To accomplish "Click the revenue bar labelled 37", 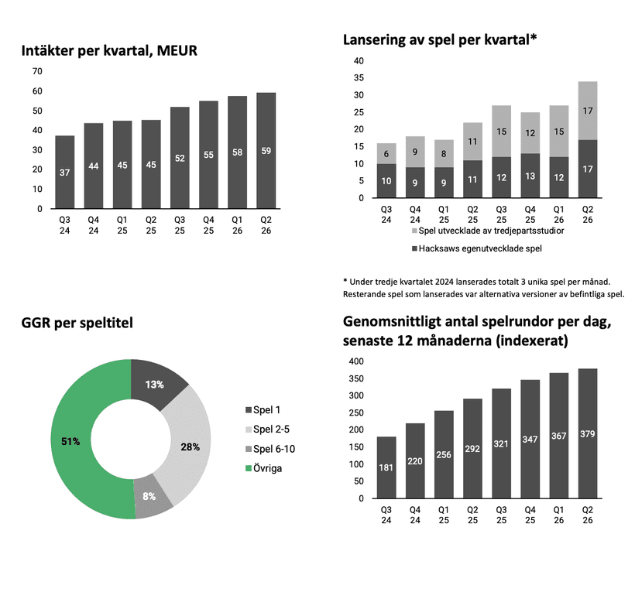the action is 65,172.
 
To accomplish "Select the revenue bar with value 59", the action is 266,151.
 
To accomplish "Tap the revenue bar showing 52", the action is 180,158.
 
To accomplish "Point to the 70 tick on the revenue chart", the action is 37,71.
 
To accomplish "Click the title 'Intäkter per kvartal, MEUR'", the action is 109,50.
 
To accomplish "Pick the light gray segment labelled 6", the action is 386,153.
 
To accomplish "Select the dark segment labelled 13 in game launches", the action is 530,176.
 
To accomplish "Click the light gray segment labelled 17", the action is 588,111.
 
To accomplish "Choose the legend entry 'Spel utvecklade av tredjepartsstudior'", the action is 488,231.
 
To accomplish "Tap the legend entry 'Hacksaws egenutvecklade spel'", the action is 477,248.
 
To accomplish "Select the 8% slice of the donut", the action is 151,497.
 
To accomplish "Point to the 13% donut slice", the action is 156,384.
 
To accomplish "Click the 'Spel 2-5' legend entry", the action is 268,430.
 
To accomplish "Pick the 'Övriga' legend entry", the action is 263,468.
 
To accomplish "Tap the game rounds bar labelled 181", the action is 386,467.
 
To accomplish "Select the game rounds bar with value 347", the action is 530,439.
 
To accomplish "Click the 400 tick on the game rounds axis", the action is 356,361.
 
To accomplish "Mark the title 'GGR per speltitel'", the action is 77,323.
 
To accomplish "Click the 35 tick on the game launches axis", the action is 359,77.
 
